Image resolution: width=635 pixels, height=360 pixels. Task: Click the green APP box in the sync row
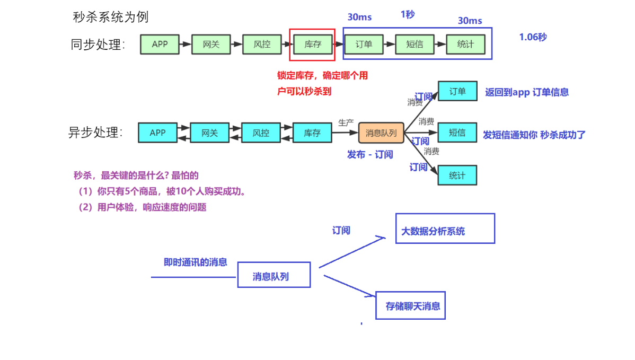click(x=160, y=45)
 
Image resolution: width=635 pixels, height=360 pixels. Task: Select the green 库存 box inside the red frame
click(x=313, y=45)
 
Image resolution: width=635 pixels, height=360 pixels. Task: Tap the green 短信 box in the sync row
click(x=414, y=45)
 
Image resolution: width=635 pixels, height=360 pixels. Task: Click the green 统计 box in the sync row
click(x=465, y=45)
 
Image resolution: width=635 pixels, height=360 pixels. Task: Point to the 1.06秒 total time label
click(x=533, y=37)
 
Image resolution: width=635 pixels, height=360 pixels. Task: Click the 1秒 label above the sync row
click(x=408, y=15)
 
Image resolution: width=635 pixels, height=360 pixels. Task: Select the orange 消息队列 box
click(x=381, y=133)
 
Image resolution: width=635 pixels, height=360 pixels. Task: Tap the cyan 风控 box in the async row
click(x=261, y=133)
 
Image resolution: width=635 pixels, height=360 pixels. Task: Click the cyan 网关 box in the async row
click(x=209, y=133)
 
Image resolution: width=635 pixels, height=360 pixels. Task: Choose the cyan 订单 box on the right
click(x=457, y=91)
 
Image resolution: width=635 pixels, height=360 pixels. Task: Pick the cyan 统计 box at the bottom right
click(x=457, y=175)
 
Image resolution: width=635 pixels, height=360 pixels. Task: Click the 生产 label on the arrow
click(x=346, y=122)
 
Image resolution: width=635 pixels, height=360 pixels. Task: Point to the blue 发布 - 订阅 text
click(x=370, y=154)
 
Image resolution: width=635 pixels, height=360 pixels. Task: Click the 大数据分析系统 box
click(x=445, y=229)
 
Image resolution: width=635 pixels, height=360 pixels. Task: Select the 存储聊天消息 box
click(x=410, y=305)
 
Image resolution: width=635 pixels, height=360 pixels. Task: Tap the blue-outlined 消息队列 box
click(x=274, y=275)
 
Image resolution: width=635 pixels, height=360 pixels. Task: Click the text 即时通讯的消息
click(x=195, y=262)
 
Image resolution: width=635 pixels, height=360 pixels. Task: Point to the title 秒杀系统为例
click(x=111, y=17)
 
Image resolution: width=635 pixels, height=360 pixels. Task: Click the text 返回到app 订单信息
click(x=527, y=92)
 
